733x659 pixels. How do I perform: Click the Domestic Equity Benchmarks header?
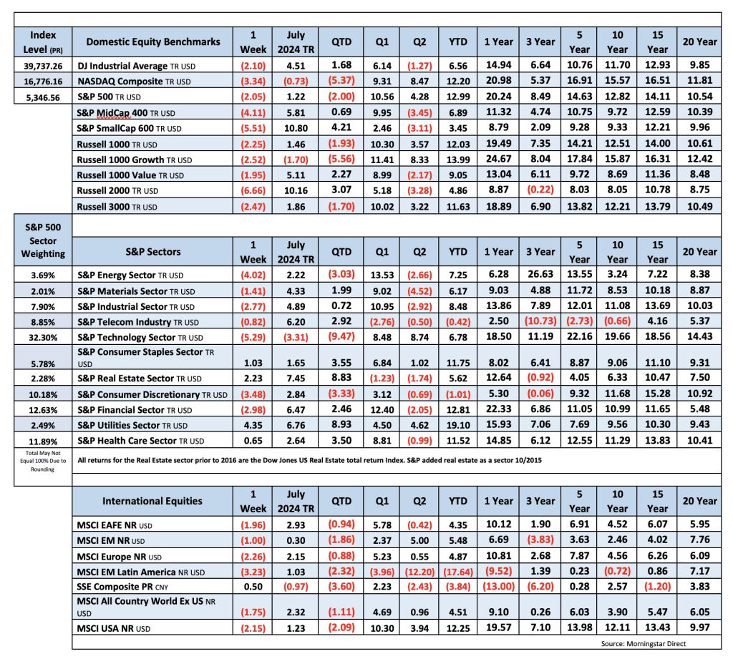[x=153, y=42]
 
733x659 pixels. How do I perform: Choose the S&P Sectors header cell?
[x=153, y=251]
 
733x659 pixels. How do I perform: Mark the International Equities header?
[x=153, y=501]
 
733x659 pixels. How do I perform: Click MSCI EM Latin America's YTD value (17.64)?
[x=457, y=572]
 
